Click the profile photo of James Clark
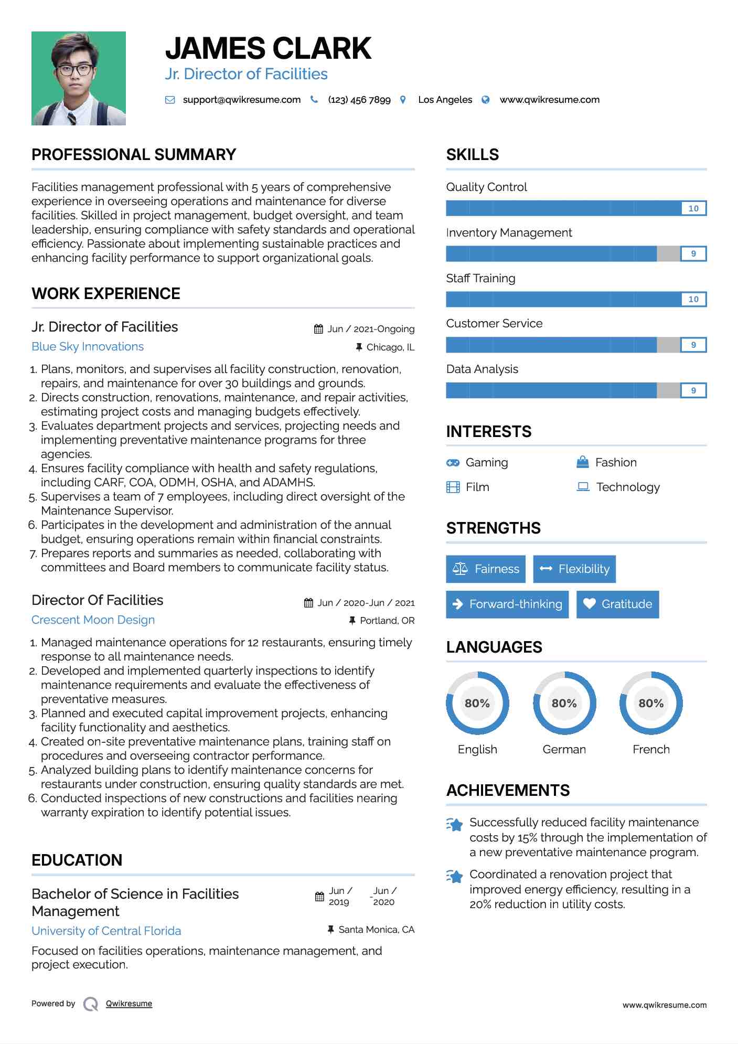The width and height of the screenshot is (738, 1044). click(x=79, y=78)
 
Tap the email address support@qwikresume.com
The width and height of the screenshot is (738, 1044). click(x=241, y=100)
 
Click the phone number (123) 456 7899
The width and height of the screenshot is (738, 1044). click(x=359, y=100)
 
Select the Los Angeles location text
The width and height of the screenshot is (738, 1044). click(x=445, y=100)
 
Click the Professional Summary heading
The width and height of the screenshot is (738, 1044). click(x=134, y=155)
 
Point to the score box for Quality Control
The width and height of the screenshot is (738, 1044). click(x=693, y=208)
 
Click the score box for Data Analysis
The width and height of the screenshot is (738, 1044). click(x=693, y=390)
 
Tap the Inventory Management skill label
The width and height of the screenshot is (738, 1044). click(x=509, y=232)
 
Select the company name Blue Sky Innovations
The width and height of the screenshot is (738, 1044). click(x=88, y=347)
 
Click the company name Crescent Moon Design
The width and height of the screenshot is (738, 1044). click(x=93, y=620)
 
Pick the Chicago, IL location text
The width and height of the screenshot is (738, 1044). click(x=390, y=347)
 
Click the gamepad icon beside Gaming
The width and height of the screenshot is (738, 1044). click(x=453, y=463)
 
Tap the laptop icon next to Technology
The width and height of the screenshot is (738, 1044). click(x=583, y=487)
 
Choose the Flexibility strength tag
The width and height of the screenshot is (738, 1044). click(x=574, y=569)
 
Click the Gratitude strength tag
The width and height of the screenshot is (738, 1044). click(x=617, y=604)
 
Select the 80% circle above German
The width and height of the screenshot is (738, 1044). click(x=564, y=703)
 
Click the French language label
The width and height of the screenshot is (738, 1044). click(x=651, y=749)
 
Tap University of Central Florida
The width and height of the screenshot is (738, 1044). click(x=106, y=931)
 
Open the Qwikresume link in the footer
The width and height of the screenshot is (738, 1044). click(x=129, y=1004)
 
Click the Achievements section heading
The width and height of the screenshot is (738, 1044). click(x=508, y=791)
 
